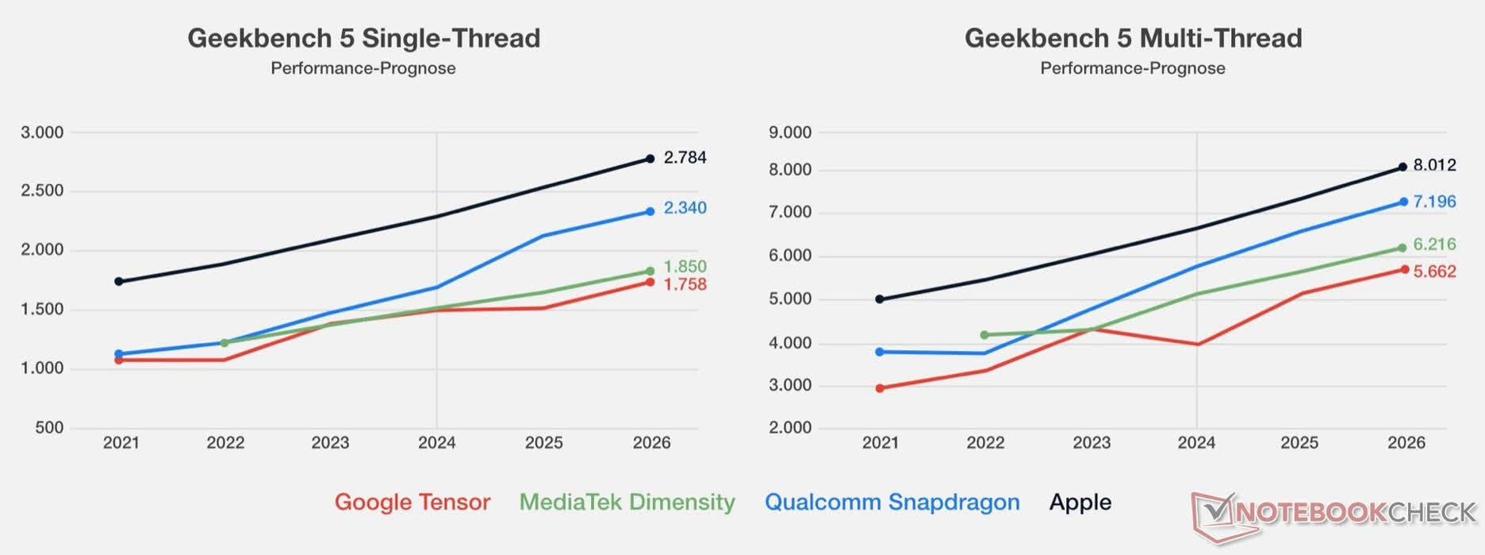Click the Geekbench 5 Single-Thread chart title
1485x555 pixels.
363,38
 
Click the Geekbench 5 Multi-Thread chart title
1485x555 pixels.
1133,38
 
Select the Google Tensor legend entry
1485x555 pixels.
412,502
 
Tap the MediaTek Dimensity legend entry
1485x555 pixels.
627,502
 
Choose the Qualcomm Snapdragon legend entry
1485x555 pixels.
892,502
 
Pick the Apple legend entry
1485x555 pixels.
1080,502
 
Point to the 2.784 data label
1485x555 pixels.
685,157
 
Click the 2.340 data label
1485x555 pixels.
685,208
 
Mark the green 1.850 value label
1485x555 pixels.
685,266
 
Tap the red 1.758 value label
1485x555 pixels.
685,284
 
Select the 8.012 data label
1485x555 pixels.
1434,165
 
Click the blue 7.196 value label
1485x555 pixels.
1434,202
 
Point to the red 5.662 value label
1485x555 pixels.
1434,272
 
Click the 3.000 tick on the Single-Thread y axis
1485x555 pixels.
42,133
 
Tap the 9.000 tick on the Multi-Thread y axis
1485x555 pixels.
790,133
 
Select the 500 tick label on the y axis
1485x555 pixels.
49,428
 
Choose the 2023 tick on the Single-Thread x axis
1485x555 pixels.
330,442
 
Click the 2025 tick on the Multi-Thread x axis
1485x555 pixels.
1299,442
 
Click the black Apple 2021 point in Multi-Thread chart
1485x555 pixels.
880,299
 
